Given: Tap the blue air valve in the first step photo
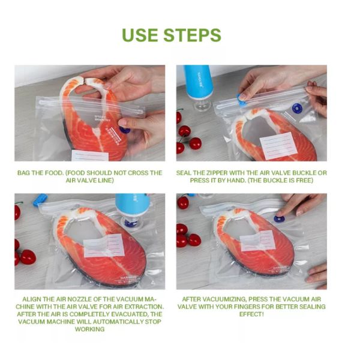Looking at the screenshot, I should click(x=124, y=129).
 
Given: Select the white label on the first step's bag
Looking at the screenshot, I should click(x=90, y=155).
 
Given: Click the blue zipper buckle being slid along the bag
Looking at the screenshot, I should click(x=241, y=98).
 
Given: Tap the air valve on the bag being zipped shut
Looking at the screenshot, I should click(x=296, y=109).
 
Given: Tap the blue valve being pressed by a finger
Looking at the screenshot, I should click(x=279, y=219).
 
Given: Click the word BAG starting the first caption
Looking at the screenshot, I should click(x=26, y=173).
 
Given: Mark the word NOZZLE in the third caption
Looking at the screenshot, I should click(x=70, y=298).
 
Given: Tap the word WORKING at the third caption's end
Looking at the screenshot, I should click(x=89, y=329).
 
